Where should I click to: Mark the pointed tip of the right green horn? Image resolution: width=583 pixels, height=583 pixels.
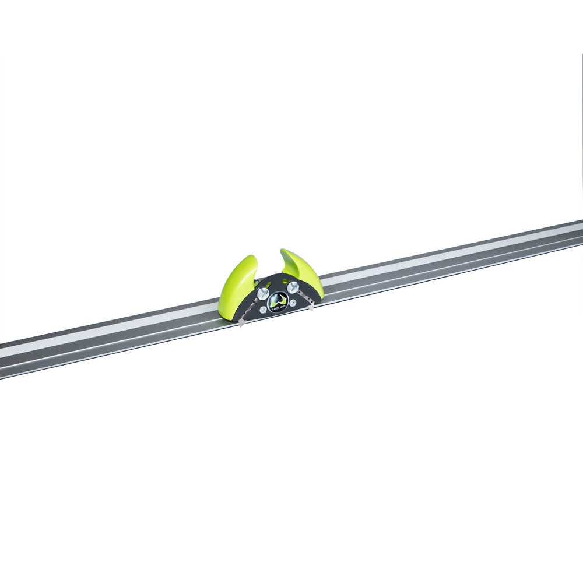(282, 251)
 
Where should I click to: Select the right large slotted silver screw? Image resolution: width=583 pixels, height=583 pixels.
(293, 287)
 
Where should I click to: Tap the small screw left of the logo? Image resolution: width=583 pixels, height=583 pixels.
(263, 310)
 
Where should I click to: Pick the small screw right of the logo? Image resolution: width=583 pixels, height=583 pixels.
(293, 303)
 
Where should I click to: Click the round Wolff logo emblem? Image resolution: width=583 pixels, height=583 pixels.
(278, 302)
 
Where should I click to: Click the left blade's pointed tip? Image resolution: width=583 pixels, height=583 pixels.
(240, 324)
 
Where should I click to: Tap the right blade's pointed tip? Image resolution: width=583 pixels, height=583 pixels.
(312, 308)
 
